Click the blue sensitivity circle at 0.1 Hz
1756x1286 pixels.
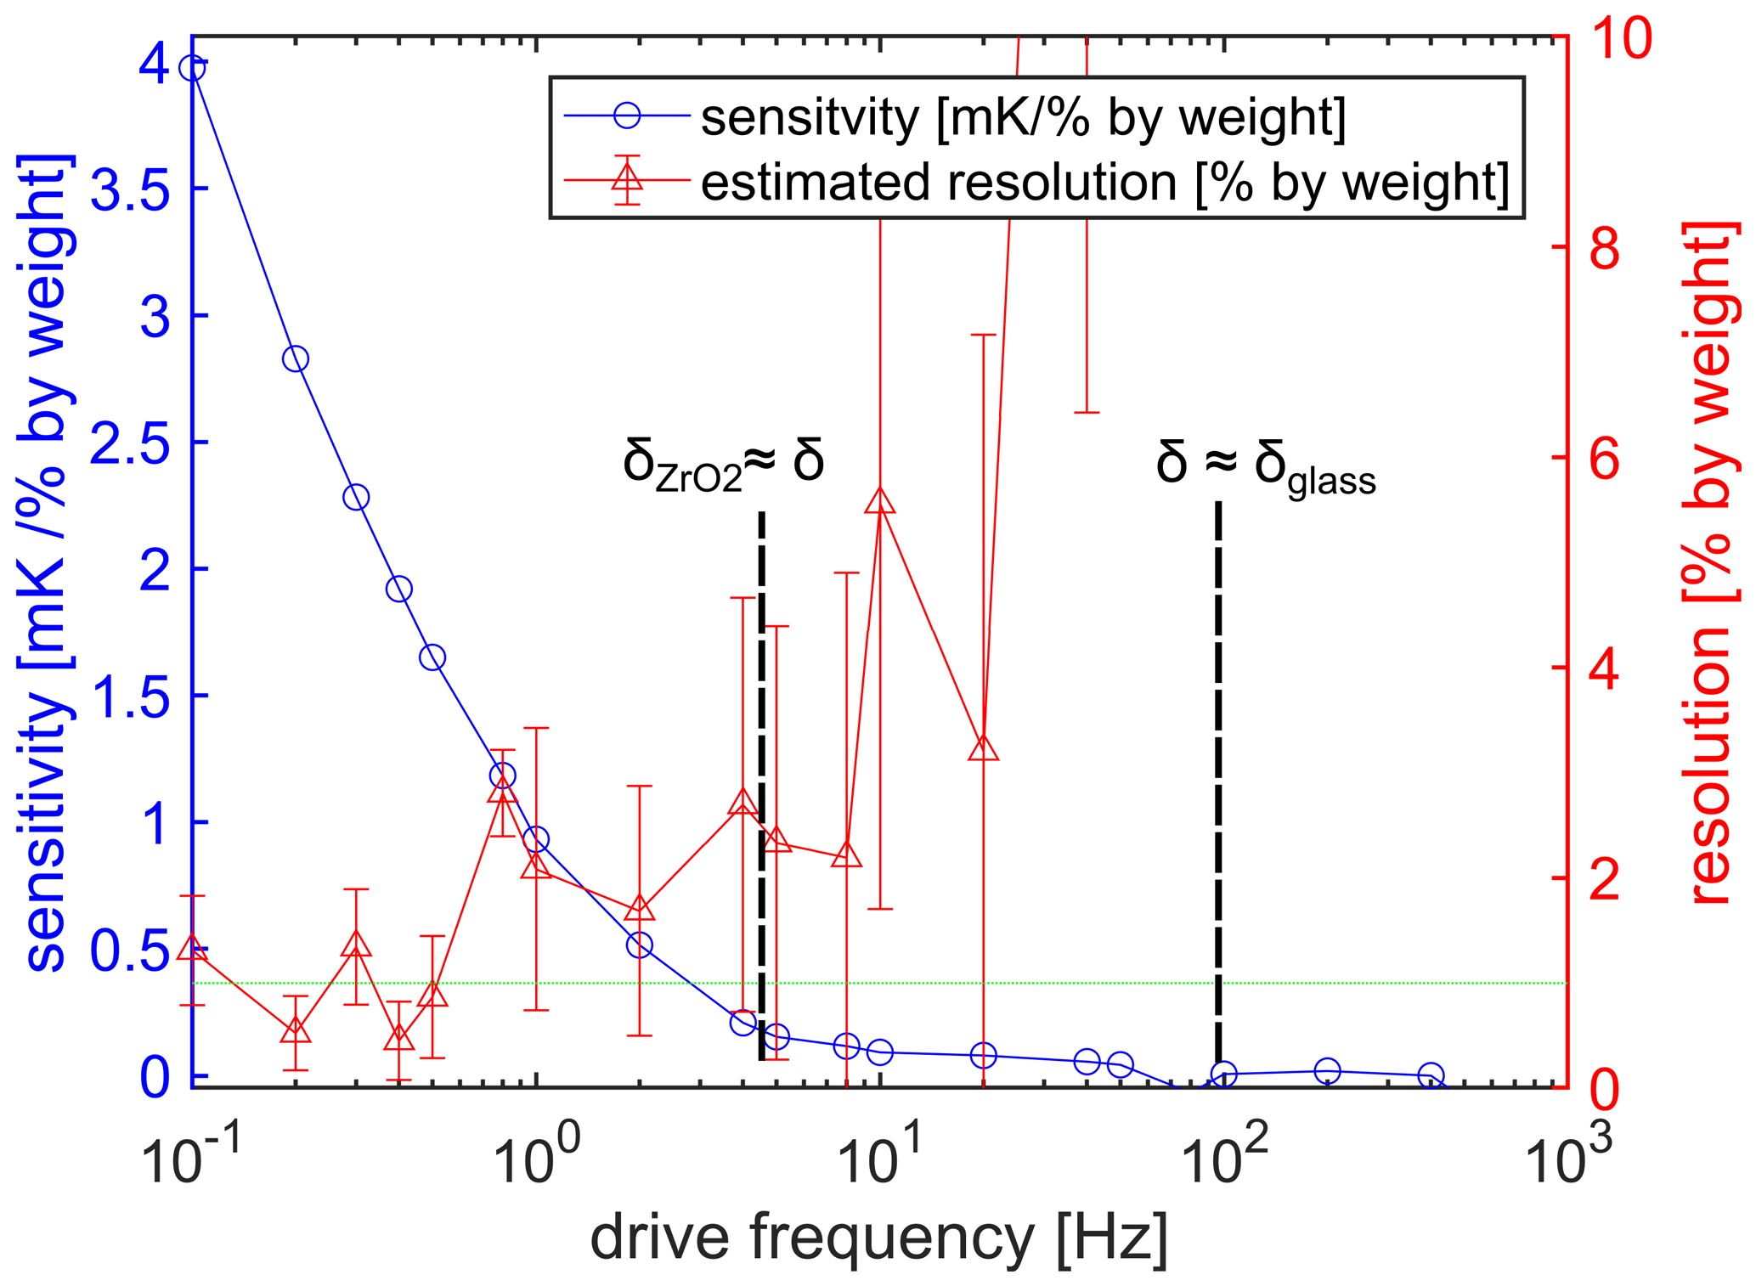click(193, 68)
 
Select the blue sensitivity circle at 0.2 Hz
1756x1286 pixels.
click(295, 358)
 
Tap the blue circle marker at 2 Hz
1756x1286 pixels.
click(640, 945)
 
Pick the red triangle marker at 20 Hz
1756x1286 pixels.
click(983, 747)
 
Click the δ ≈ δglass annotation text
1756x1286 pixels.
click(1266, 468)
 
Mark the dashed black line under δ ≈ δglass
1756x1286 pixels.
click(1217, 764)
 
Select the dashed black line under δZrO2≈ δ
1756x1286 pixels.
click(761, 764)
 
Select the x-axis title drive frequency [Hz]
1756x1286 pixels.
click(878, 1238)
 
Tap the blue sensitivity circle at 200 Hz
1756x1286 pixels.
click(1327, 1071)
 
